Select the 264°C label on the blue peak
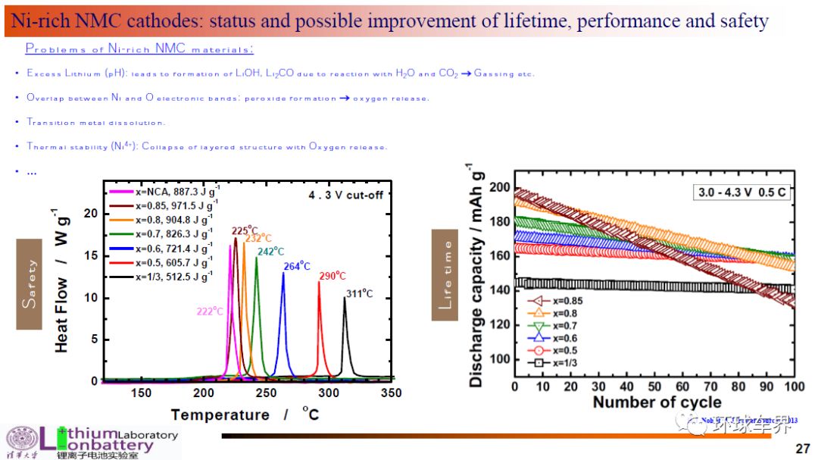tap(297, 266)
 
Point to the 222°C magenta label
tap(210, 311)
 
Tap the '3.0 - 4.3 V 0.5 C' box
tap(742, 192)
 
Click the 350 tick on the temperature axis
tap(391, 393)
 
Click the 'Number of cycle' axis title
tap(657, 402)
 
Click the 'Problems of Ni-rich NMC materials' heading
tap(139, 49)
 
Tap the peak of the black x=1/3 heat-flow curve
tap(345, 298)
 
